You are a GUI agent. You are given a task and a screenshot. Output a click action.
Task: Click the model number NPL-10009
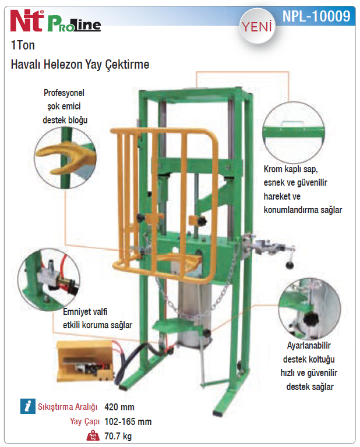pyautogui.click(x=316, y=16)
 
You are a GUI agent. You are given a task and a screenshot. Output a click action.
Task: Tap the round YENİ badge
pyautogui.click(x=257, y=27)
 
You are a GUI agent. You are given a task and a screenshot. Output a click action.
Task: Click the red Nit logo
pyautogui.click(x=27, y=20)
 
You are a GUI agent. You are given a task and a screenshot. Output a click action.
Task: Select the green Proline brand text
pyautogui.click(x=74, y=24)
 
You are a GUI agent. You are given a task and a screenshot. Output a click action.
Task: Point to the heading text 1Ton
pyautogui.click(x=23, y=45)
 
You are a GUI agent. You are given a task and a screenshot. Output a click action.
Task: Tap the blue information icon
pyautogui.click(x=28, y=406)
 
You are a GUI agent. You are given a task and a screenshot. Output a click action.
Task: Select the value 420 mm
pyautogui.click(x=119, y=407)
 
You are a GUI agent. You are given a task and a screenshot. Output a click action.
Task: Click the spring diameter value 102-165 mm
pyautogui.click(x=128, y=421)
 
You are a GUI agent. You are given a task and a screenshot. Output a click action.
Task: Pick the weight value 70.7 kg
pyautogui.click(x=118, y=436)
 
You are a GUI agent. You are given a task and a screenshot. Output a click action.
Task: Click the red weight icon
pyautogui.click(x=93, y=436)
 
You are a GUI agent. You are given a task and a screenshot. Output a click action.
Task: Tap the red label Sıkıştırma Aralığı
pyautogui.click(x=68, y=407)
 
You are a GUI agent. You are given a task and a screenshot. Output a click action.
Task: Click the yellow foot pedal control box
pyautogui.click(x=85, y=361)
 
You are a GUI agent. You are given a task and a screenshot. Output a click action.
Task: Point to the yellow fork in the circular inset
pyautogui.click(x=66, y=157)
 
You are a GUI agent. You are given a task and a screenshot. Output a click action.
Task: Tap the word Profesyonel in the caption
pyautogui.click(x=64, y=93)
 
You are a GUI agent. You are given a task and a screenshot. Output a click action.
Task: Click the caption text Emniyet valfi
pyautogui.click(x=85, y=311)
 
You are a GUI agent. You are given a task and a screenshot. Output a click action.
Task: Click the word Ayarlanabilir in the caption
pyautogui.click(x=309, y=346)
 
